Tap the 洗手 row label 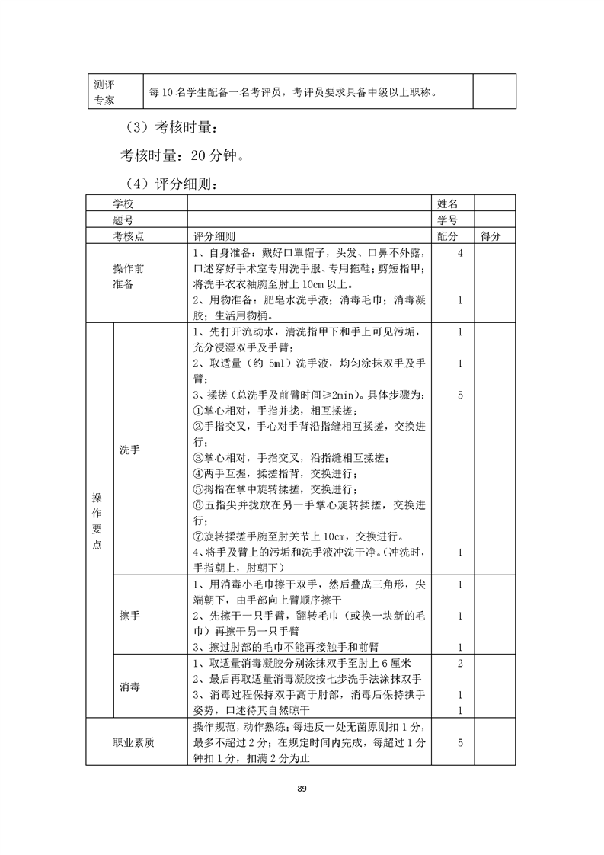pos(129,450)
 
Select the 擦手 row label pos(129,614)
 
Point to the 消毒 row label pos(129,686)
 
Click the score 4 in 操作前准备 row pos(460,252)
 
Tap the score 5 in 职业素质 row pos(460,741)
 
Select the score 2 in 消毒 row pos(460,663)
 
